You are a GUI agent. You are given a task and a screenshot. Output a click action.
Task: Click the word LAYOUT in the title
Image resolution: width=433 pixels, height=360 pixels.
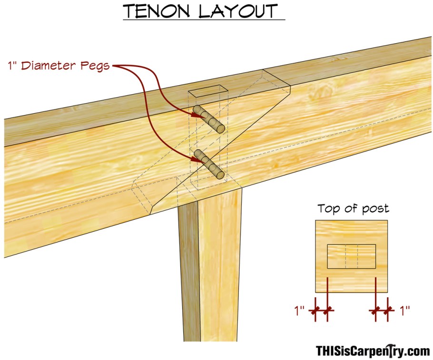click(x=238, y=11)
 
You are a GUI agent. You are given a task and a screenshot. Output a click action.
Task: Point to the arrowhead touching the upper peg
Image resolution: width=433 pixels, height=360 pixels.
click(x=195, y=113)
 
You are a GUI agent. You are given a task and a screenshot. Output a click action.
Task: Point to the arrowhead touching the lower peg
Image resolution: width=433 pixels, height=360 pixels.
click(x=196, y=157)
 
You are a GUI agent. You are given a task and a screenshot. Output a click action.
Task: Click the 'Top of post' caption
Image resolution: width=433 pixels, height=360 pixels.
click(x=353, y=208)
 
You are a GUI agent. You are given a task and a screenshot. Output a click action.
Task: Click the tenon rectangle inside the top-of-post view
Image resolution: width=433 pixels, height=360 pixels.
click(x=352, y=256)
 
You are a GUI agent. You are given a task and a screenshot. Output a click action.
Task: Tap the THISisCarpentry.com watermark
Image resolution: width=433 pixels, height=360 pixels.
click(x=373, y=350)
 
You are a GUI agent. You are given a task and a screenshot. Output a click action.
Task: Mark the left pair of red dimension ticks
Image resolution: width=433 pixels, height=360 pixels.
click(x=321, y=311)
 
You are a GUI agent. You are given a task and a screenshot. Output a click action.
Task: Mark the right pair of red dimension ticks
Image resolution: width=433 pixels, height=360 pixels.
click(x=382, y=311)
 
